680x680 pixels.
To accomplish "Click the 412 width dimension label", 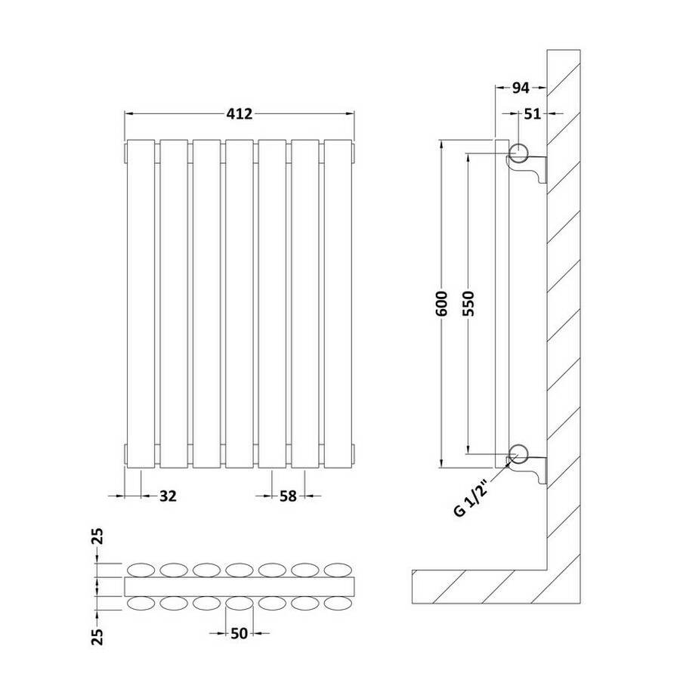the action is click(239, 113).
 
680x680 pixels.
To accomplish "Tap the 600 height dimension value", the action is click(442, 304).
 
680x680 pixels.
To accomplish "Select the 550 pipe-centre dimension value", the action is click(468, 304).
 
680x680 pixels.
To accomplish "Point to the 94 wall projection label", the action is click(521, 88).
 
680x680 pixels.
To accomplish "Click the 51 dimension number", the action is click(533, 113).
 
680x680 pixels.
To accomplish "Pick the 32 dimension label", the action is click(168, 496).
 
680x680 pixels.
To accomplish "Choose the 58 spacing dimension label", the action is click(288, 496).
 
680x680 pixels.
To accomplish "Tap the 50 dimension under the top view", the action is click(239, 634).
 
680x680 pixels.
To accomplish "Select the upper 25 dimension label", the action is click(98, 536).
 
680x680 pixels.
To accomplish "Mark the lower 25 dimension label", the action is click(98, 637).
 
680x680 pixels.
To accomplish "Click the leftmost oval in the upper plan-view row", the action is click(141, 570).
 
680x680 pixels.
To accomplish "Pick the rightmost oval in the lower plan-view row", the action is click(338, 603).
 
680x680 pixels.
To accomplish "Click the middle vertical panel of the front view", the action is click(240, 304).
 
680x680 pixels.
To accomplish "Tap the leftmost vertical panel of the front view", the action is click(141, 304).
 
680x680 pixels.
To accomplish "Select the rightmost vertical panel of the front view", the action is click(338, 304).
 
